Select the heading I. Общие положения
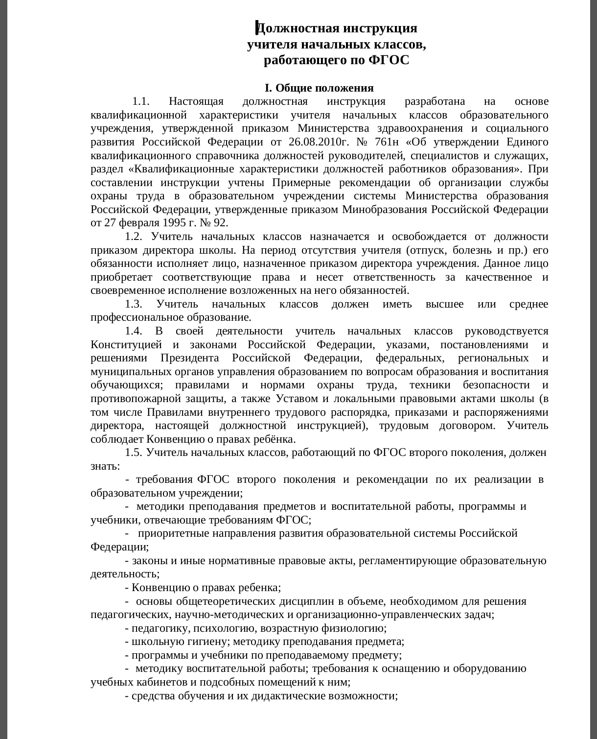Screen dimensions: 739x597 click(319, 88)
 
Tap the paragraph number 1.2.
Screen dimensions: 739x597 click(133, 237)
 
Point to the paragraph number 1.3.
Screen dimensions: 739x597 click(133, 305)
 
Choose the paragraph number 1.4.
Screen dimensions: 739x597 click(133, 332)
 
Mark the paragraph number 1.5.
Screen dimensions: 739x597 click(133, 453)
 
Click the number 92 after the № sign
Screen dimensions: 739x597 click(220, 223)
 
